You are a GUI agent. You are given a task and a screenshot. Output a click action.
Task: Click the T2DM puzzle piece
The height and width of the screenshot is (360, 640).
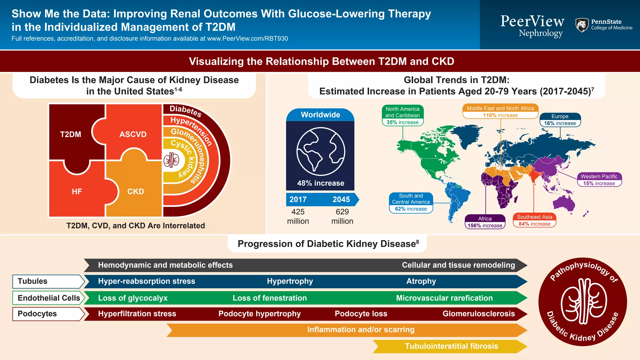pos(71,134)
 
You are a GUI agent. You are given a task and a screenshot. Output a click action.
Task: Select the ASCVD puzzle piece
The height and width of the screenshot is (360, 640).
pos(133,134)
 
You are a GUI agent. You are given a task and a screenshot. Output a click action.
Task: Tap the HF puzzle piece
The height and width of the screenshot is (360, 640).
pos(77,192)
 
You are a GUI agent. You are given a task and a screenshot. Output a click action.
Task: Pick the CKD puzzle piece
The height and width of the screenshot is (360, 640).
pos(136,192)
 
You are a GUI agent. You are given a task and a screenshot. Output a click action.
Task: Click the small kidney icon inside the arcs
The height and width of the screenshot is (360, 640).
pos(171,160)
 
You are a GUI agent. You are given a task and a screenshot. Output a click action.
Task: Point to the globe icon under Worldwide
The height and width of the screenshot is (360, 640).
pos(321,152)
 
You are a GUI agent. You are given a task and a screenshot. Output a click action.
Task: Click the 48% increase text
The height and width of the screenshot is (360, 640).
pos(321,183)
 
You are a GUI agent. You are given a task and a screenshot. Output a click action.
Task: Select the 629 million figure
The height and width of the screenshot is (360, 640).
pos(342,216)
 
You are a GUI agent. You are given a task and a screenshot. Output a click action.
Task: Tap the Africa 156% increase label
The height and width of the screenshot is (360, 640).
pos(485,222)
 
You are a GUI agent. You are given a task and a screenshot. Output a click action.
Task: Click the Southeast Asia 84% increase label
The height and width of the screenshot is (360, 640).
pos(534,220)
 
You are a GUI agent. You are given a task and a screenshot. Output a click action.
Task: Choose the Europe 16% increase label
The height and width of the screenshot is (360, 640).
pos(560,120)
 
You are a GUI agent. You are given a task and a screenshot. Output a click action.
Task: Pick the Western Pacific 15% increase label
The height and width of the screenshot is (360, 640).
pos(599,180)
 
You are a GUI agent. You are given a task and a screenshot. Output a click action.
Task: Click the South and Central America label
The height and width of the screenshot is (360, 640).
pos(411,202)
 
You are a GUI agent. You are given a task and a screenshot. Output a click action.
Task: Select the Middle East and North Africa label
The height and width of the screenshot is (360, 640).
pos(500,112)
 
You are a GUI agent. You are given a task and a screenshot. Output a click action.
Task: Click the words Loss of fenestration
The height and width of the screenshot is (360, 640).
pos(269,298)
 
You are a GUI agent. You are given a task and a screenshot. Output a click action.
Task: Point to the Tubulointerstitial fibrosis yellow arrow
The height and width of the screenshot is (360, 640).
pos(451,346)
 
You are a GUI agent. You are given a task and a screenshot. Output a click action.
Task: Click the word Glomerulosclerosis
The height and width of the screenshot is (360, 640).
pos(478,314)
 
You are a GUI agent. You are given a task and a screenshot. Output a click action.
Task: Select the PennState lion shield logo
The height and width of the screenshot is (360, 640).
pos(582,25)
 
